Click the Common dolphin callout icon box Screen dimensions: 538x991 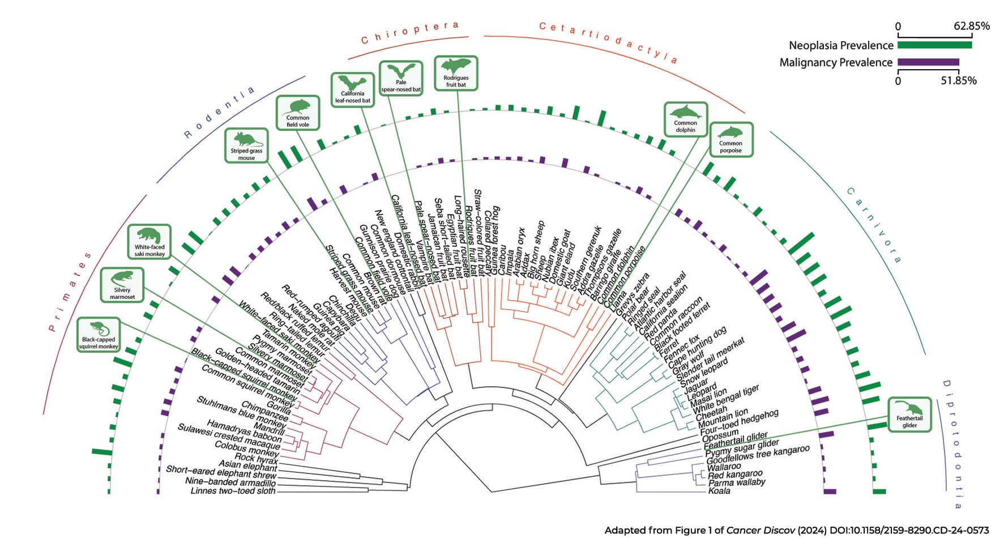click(x=685, y=119)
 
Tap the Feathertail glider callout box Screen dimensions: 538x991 click(x=909, y=415)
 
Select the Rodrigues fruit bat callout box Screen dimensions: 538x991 click(x=456, y=73)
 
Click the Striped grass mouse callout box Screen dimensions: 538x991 click(x=246, y=146)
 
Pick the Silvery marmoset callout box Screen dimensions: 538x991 click(x=122, y=285)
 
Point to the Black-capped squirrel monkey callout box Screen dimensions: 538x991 click(x=99, y=335)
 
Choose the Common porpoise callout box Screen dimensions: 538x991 click(x=731, y=140)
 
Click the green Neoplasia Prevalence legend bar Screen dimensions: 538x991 click(x=935, y=45)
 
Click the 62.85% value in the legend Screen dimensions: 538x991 click(x=972, y=26)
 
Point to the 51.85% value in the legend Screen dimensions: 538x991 click(x=959, y=81)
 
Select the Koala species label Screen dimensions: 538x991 click(x=719, y=491)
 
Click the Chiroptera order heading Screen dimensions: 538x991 click(x=409, y=32)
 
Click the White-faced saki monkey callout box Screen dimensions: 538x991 click(x=149, y=242)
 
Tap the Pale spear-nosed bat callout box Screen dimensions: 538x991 click(x=401, y=78)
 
